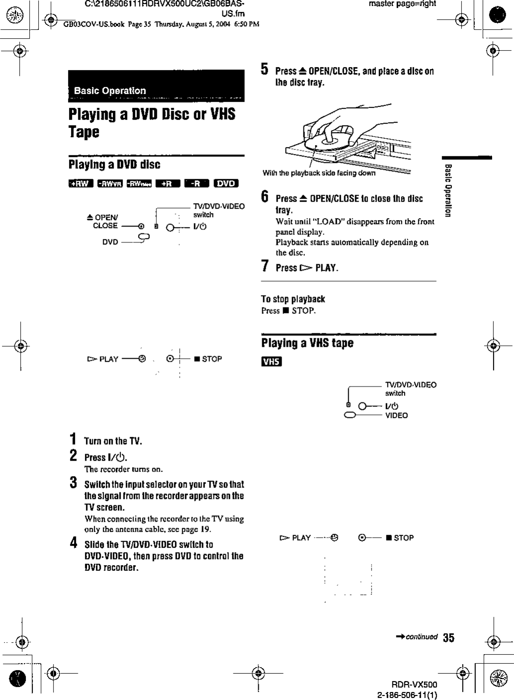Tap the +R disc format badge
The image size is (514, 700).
(x=167, y=183)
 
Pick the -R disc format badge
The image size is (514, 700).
(x=196, y=183)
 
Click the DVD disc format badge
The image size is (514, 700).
(x=225, y=183)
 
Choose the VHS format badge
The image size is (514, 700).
(x=272, y=362)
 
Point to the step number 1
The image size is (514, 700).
(x=73, y=439)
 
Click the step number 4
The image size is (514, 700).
(x=73, y=543)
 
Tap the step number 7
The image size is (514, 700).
(x=266, y=266)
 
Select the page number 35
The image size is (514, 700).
(x=448, y=638)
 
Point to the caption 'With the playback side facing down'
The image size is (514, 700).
(x=319, y=173)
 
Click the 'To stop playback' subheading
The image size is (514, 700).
(x=293, y=299)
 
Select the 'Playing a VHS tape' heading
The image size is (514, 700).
(x=307, y=343)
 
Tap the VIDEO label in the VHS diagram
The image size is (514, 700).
(x=396, y=415)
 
